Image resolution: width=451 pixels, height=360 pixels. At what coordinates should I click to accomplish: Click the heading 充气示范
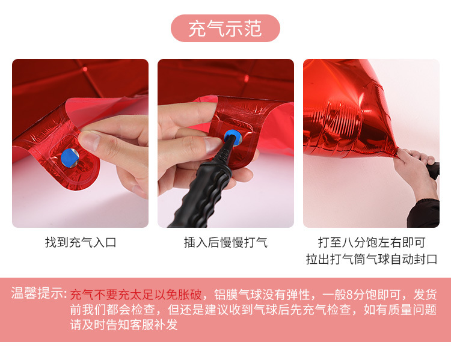(x=226, y=28)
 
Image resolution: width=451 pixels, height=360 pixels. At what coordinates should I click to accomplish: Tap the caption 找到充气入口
(x=81, y=242)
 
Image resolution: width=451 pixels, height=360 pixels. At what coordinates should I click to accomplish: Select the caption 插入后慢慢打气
(x=226, y=242)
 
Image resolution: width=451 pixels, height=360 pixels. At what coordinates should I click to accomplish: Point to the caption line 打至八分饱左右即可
(x=372, y=242)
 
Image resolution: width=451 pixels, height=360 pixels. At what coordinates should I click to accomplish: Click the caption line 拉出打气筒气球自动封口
(x=372, y=259)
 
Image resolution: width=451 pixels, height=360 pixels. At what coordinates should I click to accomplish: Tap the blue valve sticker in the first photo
(x=70, y=157)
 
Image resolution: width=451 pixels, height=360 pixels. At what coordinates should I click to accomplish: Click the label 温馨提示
(x=39, y=293)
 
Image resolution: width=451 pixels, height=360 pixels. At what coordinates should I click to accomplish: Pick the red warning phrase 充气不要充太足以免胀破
(x=136, y=294)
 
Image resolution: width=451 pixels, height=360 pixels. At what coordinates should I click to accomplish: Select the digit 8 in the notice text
(x=350, y=294)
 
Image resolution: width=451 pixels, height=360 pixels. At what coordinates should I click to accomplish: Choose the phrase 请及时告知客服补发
(x=124, y=325)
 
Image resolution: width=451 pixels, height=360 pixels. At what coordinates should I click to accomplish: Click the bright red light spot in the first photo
(x=85, y=69)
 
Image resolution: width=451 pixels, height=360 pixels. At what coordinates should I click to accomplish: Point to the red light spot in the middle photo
(x=247, y=78)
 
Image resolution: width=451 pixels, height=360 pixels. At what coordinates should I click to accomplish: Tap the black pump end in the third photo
(x=433, y=170)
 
